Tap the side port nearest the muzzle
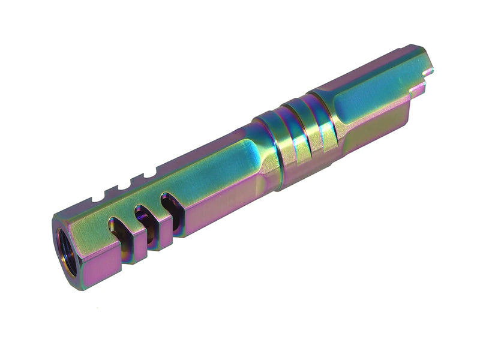coord(118,233)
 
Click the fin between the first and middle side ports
coord(132,232)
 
